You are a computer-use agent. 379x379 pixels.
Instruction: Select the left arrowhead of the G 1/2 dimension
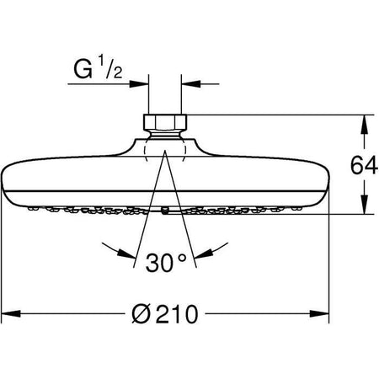pos(141,83)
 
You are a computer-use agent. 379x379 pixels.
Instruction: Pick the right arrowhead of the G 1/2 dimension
pos(188,83)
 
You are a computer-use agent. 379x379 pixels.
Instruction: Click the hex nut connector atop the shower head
pos(164,124)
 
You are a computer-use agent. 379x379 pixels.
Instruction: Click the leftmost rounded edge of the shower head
pos(6,179)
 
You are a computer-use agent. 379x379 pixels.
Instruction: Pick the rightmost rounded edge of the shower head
pos(324,179)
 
